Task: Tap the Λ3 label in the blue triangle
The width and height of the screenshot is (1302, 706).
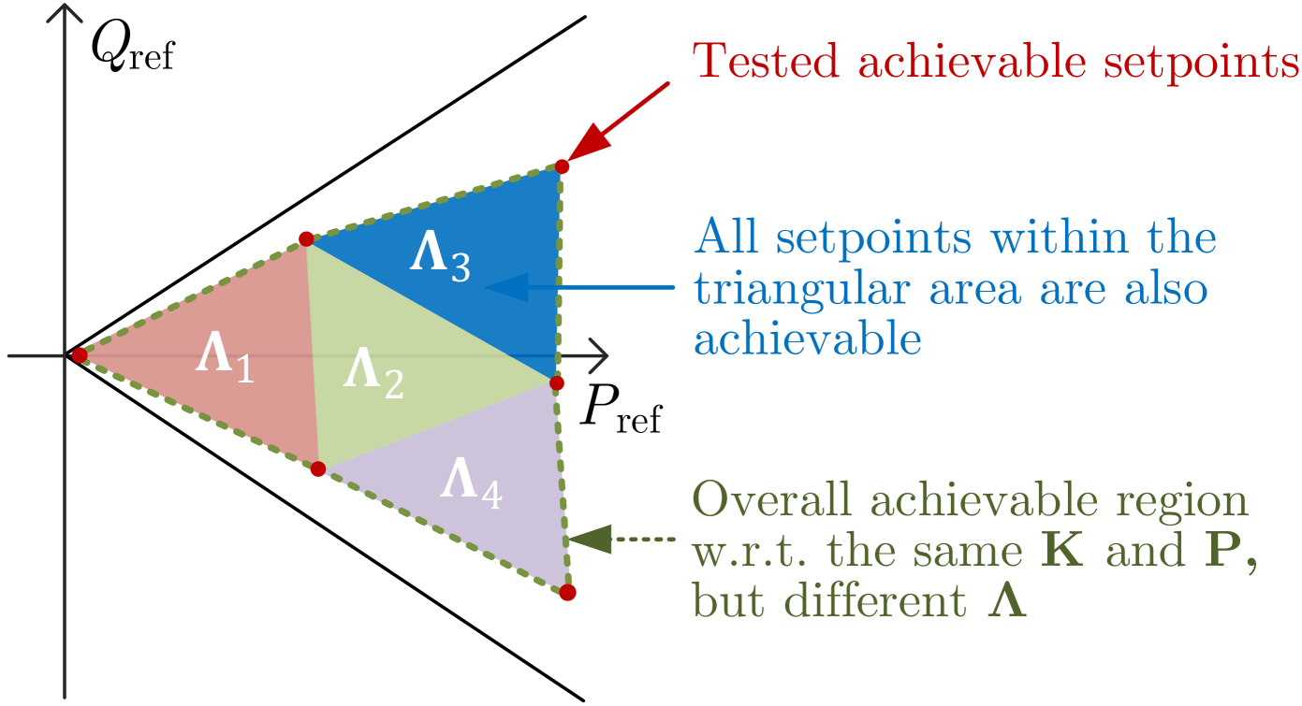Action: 439,258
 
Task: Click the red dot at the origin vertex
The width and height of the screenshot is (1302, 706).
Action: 80,355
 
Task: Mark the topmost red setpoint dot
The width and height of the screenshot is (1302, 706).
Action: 562,166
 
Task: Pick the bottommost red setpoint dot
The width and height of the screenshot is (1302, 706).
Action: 567,592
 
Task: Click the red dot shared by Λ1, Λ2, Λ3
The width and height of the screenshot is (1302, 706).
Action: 306,239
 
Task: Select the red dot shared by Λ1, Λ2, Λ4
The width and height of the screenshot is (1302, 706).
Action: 318,468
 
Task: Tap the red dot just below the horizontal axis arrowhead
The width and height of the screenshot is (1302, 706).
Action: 557,383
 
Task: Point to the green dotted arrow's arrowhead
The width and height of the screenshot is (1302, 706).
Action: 588,540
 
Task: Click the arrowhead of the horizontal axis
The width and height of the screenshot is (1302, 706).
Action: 599,356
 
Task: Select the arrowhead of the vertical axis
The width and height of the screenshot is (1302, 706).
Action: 64,17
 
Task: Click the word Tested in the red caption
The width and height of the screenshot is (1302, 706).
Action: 765,62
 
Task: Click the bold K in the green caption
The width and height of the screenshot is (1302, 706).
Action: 1064,552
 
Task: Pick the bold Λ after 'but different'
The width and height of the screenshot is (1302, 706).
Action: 1008,603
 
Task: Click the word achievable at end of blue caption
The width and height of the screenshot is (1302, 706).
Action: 808,339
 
